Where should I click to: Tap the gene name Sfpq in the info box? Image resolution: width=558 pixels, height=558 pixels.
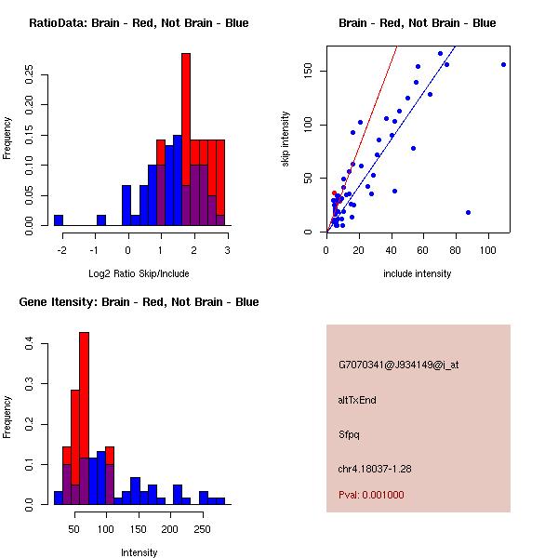click(349, 434)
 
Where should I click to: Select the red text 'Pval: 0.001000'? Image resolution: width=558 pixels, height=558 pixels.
click(371, 495)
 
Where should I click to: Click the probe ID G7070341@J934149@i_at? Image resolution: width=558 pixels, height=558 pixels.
click(398, 365)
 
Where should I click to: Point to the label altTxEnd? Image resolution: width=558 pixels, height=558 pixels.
click(357, 400)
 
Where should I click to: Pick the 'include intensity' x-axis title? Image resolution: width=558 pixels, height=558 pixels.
click(417, 273)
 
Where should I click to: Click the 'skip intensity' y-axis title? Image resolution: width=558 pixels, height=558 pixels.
click(286, 139)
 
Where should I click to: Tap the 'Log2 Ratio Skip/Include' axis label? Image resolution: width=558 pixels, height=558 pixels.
click(139, 273)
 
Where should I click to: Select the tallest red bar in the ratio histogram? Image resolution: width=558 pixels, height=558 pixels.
click(186, 112)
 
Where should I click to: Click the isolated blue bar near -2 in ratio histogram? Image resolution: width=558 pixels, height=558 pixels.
click(59, 220)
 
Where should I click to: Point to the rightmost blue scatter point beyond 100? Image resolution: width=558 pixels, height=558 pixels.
click(503, 64)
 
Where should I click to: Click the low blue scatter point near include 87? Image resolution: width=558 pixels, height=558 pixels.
click(468, 212)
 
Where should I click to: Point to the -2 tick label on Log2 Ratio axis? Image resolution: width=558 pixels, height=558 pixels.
click(60, 249)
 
